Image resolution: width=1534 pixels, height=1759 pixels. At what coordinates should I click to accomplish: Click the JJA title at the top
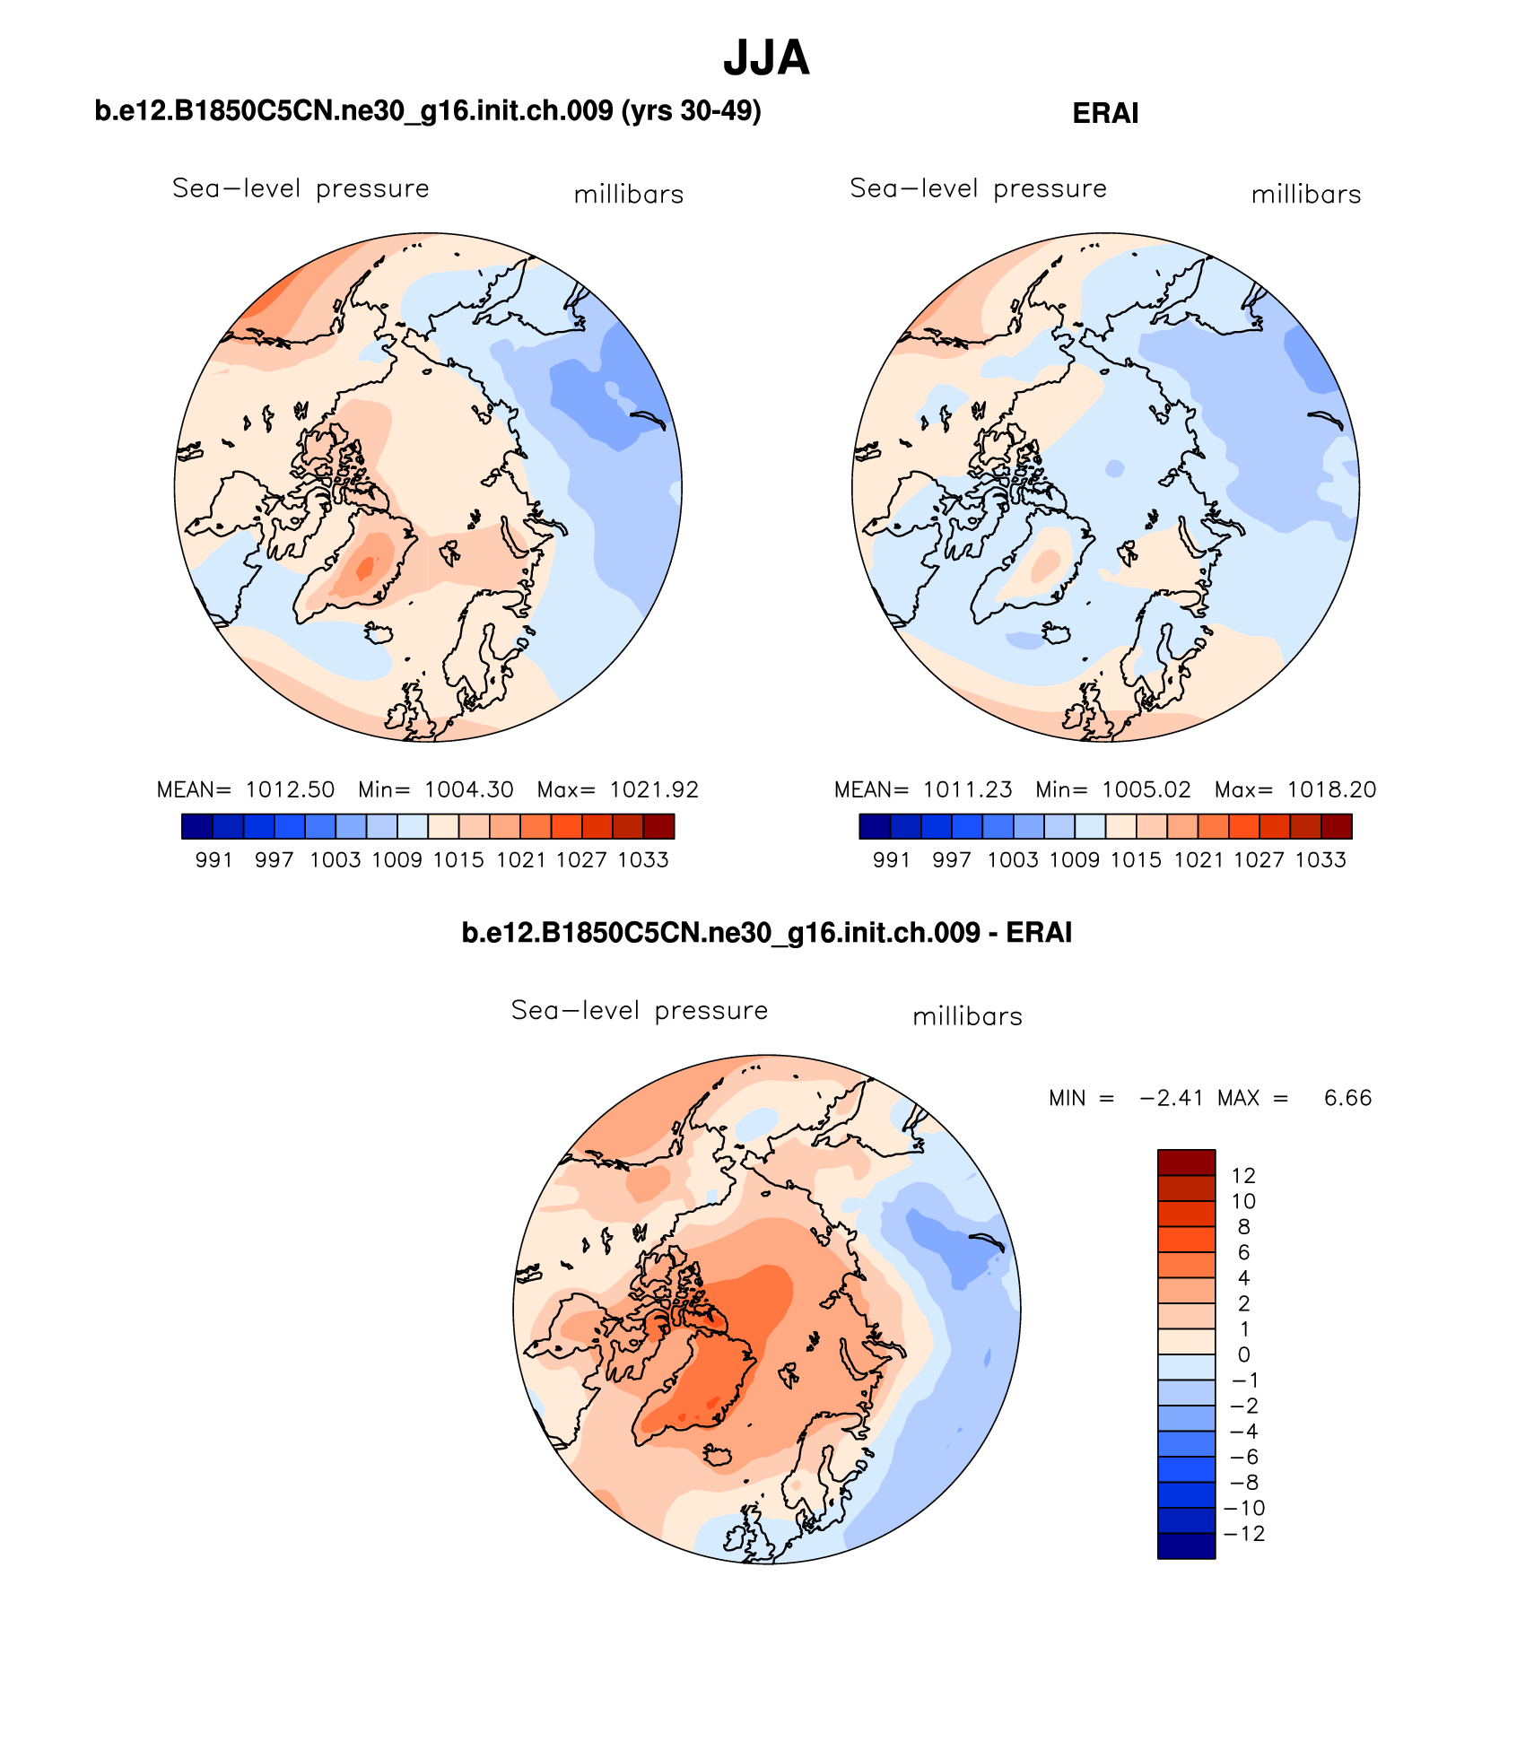(766, 58)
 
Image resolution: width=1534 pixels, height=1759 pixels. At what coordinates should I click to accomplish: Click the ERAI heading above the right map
(1105, 114)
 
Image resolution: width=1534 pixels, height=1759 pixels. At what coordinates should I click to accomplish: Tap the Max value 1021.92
(654, 789)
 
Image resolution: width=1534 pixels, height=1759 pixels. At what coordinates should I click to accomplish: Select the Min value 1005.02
(1146, 789)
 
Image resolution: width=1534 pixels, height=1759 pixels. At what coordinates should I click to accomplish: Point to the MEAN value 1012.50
(290, 789)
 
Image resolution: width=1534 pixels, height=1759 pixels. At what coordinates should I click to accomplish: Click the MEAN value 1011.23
(967, 789)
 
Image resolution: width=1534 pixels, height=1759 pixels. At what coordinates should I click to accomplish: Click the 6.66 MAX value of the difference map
(1347, 1098)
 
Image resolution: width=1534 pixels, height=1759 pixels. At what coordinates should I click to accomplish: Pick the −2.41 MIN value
(1171, 1098)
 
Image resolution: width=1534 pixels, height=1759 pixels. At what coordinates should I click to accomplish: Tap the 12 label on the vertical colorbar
(1243, 1175)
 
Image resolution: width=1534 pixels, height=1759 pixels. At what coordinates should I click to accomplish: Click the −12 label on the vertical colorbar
(1244, 1533)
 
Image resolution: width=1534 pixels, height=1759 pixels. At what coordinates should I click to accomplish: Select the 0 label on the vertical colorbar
(1243, 1354)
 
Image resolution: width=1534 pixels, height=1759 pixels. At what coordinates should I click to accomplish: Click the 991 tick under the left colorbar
(214, 860)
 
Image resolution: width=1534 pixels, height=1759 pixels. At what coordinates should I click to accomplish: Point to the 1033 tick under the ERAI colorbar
(1320, 860)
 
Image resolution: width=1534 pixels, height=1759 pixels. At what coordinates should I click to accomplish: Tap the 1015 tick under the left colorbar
(458, 860)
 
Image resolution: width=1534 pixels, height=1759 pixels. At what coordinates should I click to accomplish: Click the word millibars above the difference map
(967, 1016)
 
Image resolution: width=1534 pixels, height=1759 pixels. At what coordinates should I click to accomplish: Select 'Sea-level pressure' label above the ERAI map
(978, 188)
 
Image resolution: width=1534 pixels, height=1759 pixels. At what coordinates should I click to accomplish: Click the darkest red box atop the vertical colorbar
(1186, 1163)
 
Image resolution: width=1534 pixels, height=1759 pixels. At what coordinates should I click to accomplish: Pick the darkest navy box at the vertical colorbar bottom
(1186, 1546)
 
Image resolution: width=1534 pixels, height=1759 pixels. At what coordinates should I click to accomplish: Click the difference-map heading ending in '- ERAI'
(766, 933)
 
